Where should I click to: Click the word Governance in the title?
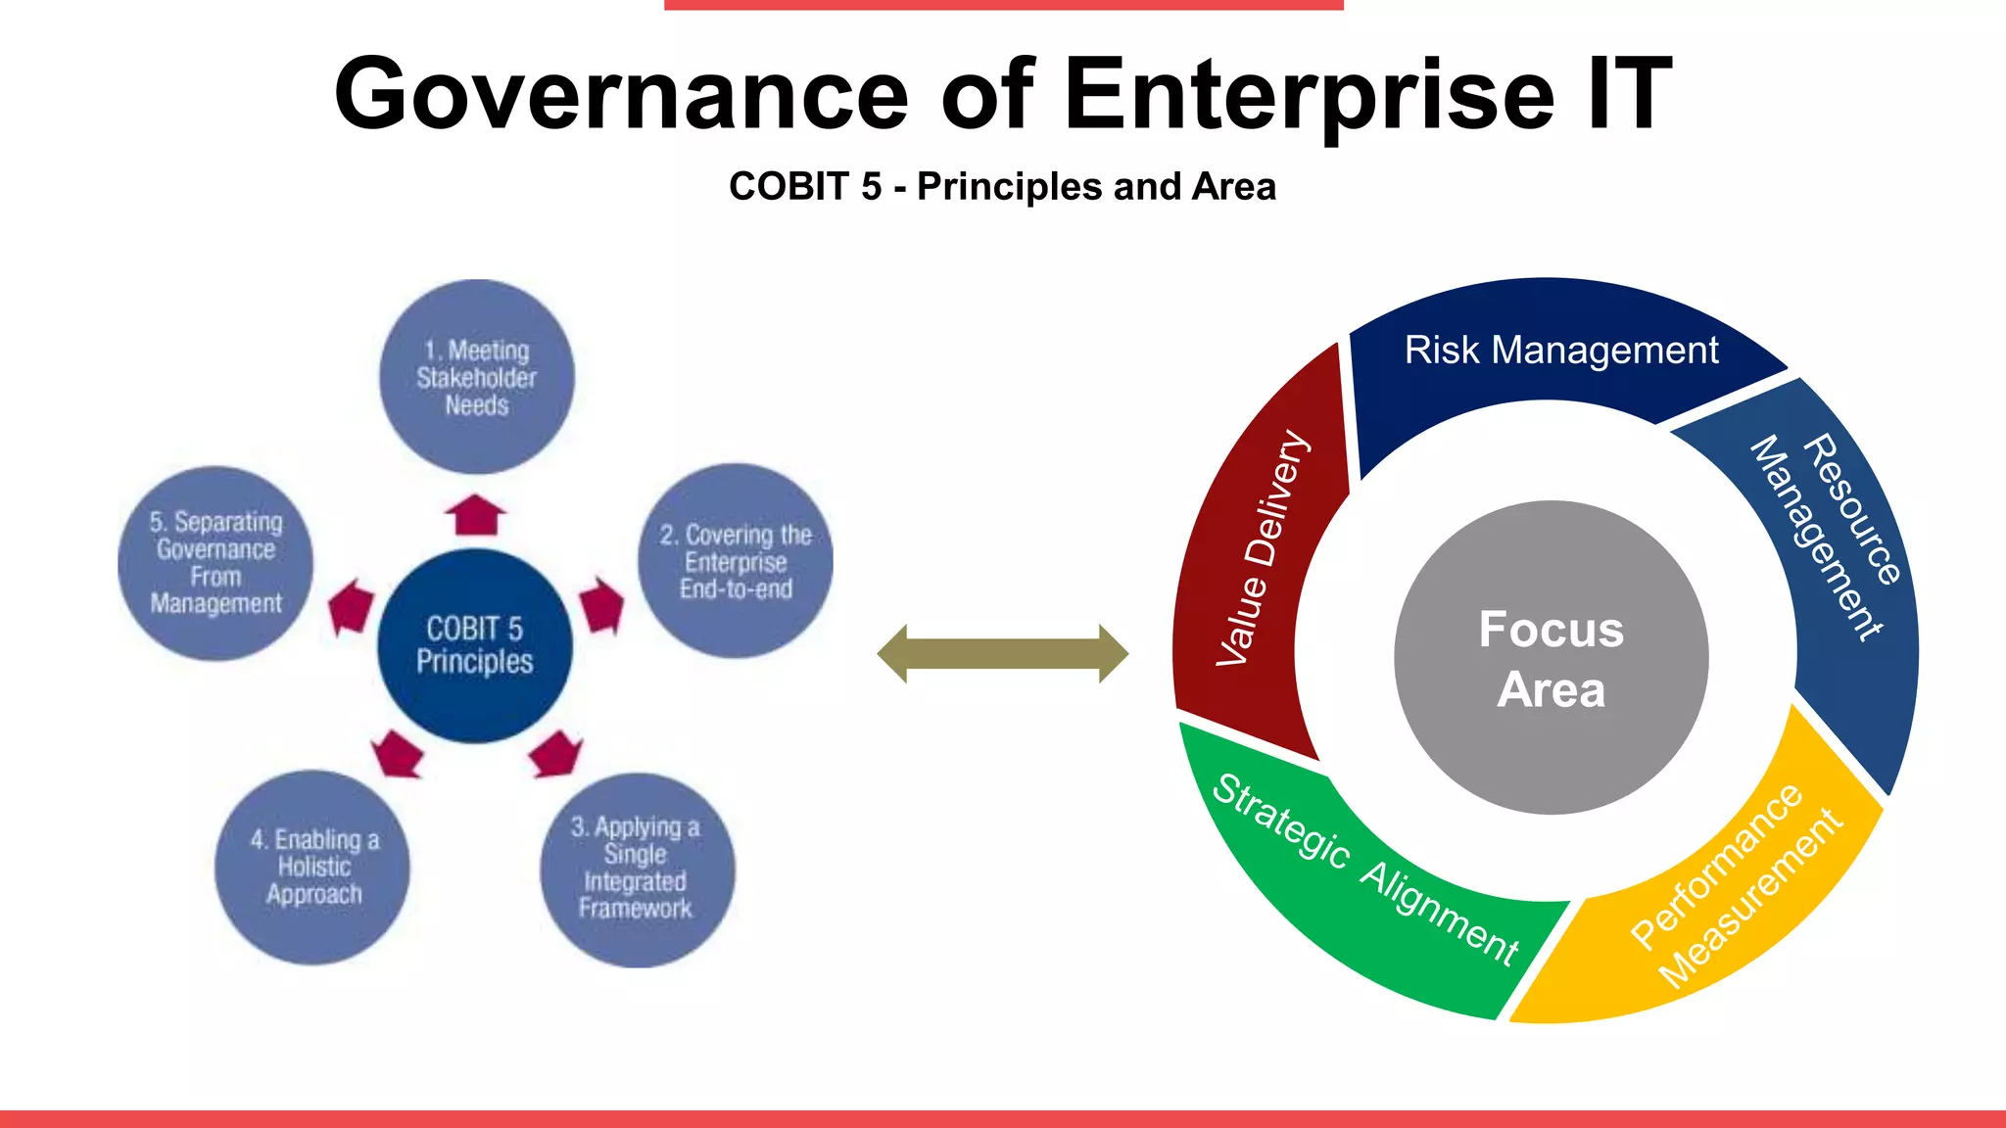point(621,95)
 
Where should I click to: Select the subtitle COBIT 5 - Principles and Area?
point(1002,186)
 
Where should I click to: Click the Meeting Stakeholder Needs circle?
point(477,377)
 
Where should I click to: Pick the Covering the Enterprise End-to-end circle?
point(736,561)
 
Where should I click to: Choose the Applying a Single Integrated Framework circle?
point(637,869)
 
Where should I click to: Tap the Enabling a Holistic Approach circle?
point(313,868)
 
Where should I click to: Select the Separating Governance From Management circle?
point(215,563)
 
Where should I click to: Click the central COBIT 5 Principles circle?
point(475,645)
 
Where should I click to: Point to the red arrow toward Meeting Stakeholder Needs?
point(475,515)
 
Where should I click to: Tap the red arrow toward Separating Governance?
point(351,608)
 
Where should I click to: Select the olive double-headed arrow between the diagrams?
point(1002,653)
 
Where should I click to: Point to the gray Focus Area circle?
point(1551,658)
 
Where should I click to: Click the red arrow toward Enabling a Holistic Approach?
point(398,754)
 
